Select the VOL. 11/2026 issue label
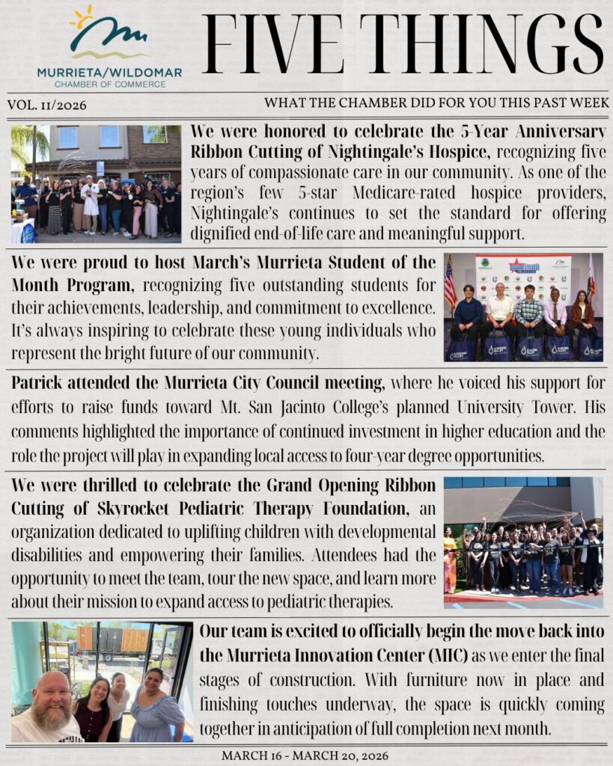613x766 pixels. (x=46, y=105)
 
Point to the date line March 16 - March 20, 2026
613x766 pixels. (x=305, y=756)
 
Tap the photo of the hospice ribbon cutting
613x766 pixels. (x=96, y=184)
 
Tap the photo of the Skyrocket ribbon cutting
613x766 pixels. (x=522, y=542)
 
